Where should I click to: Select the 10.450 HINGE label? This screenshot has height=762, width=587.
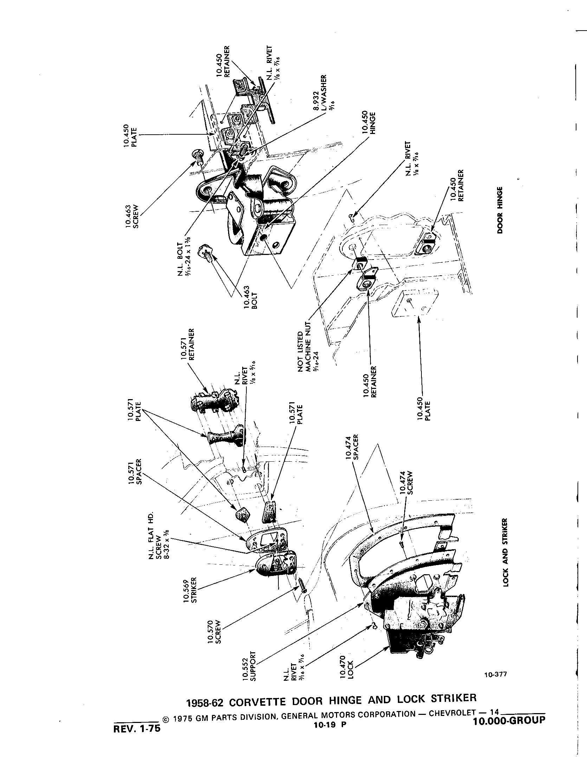[368, 123]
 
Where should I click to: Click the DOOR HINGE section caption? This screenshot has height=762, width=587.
[499, 210]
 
